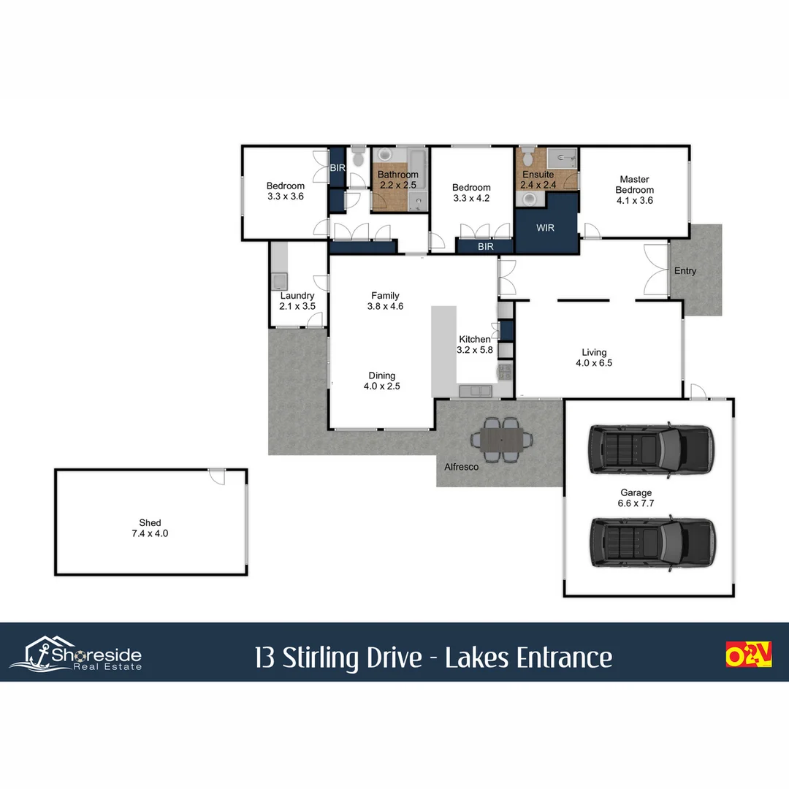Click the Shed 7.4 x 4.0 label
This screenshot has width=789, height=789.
coord(150,528)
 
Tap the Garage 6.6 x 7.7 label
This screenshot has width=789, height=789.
coord(636,498)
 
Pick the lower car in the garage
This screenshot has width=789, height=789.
coord(652,542)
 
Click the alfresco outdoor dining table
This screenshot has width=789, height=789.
coord(502,440)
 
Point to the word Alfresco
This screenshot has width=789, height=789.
coord(462,466)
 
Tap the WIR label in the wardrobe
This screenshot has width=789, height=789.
coord(545,228)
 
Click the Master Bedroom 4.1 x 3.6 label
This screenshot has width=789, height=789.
coord(634,190)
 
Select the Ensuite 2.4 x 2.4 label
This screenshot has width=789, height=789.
coord(539,180)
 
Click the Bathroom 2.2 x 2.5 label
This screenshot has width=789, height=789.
coord(398,180)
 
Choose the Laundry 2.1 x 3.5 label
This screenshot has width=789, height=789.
coord(297,301)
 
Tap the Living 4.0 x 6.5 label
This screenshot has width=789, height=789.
coord(594,357)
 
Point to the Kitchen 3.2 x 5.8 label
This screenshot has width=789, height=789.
coord(475,345)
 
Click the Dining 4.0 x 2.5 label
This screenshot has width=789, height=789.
coord(381,381)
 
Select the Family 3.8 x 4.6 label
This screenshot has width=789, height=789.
coord(385,301)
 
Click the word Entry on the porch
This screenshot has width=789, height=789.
coord(685,271)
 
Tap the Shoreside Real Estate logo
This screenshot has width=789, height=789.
coord(76,652)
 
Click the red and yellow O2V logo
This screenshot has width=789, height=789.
coord(748,654)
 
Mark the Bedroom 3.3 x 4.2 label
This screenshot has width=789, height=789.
coord(471,193)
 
